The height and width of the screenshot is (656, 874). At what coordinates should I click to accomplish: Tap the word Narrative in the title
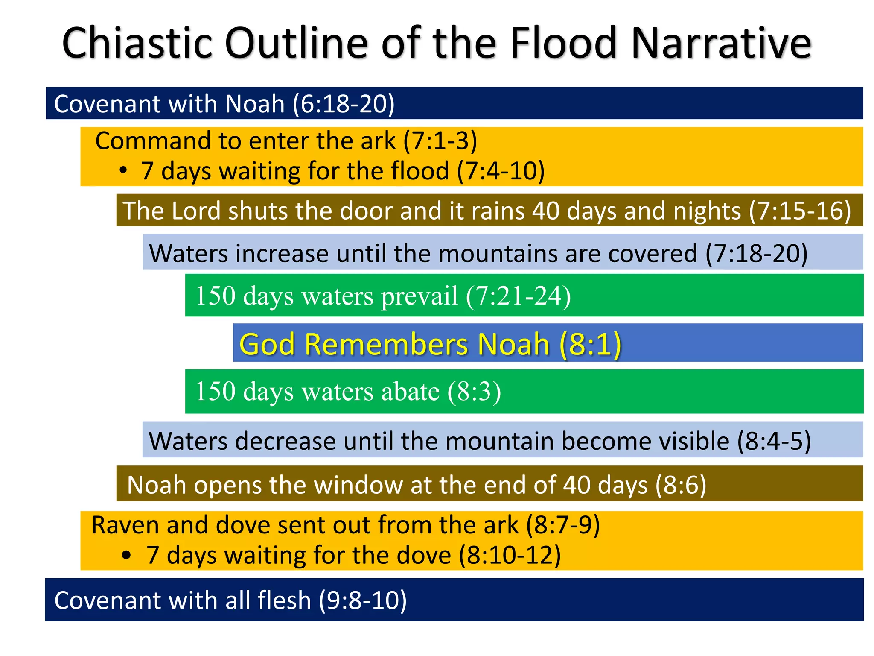721,43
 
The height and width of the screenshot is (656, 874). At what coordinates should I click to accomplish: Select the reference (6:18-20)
344,104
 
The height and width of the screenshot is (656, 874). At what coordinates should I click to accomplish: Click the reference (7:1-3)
440,141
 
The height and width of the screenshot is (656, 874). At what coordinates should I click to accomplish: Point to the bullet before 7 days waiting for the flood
123,171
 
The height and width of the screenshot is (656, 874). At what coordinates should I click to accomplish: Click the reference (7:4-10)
501,171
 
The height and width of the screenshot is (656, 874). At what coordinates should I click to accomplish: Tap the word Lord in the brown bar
196,211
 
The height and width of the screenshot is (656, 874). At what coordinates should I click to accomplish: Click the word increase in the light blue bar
282,253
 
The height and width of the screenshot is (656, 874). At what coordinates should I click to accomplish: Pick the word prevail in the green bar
419,296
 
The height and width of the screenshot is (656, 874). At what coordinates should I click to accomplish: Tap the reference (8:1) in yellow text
590,344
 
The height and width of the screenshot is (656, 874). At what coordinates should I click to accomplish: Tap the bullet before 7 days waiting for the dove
126,555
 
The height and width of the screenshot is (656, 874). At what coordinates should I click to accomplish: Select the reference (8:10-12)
510,555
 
